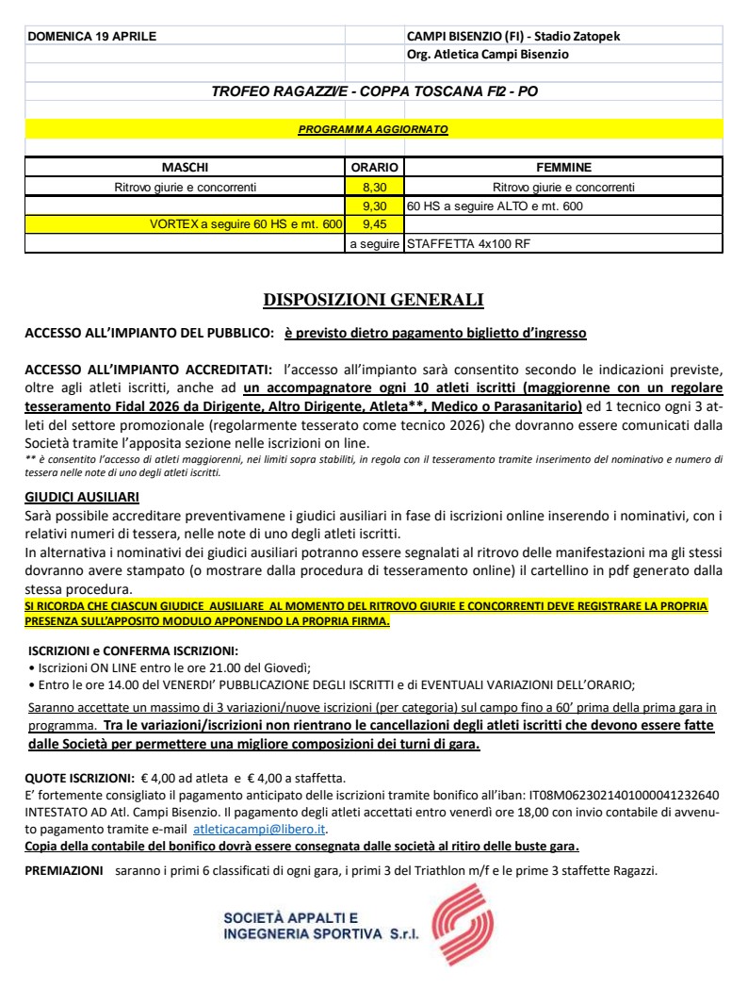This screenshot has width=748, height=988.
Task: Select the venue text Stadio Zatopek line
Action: point(513,36)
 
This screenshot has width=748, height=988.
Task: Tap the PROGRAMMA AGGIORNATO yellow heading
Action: point(373,127)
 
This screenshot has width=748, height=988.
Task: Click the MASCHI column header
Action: point(185,168)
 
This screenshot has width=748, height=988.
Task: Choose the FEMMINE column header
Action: point(562,168)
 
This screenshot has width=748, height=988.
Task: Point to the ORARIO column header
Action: point(374,168)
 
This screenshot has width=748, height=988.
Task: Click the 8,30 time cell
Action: point(374,187)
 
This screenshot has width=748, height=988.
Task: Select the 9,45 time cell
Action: point(374,224)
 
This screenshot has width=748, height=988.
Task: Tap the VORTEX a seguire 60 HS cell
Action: point(245,224)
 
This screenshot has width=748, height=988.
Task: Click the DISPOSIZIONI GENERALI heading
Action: point(373,301)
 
